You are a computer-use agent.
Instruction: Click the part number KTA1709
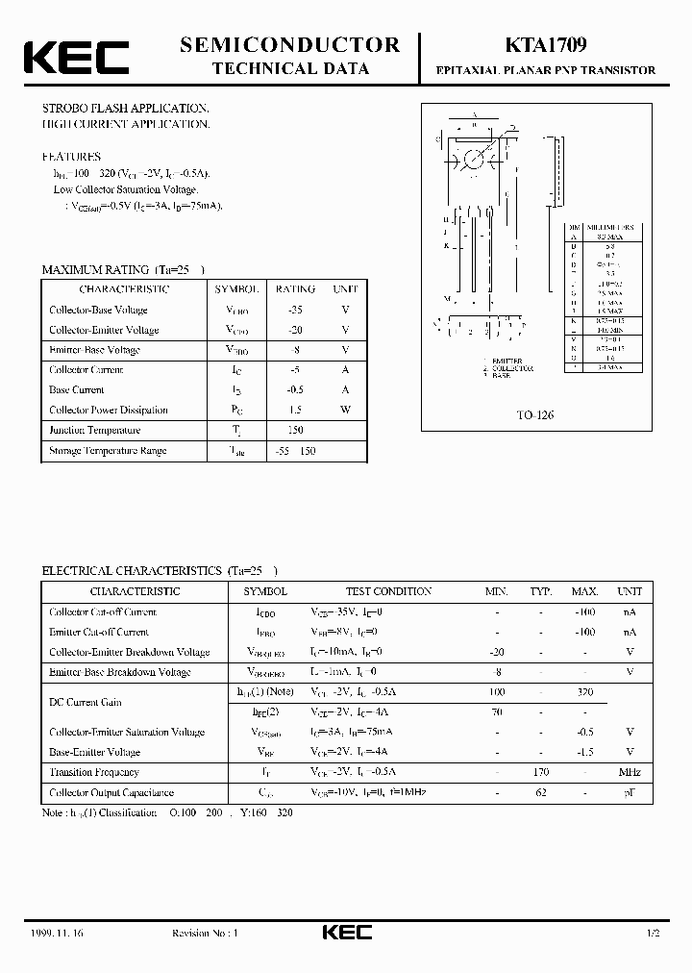click(540, 44)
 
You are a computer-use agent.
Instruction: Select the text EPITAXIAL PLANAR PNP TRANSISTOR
click(546, 70)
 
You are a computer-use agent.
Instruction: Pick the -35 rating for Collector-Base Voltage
click(295, 310)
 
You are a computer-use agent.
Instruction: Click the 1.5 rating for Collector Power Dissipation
click(295, 410)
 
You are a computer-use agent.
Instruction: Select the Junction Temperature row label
click(95, 430)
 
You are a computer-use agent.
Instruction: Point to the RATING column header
click(295, 288)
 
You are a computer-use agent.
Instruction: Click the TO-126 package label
click(535, 415)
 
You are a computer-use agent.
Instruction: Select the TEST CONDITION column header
click(388, 591)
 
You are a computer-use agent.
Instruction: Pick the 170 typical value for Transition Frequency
click(540, 772)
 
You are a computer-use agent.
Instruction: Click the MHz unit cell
click(630, 772)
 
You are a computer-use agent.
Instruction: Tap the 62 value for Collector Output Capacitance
click(540, 792)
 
